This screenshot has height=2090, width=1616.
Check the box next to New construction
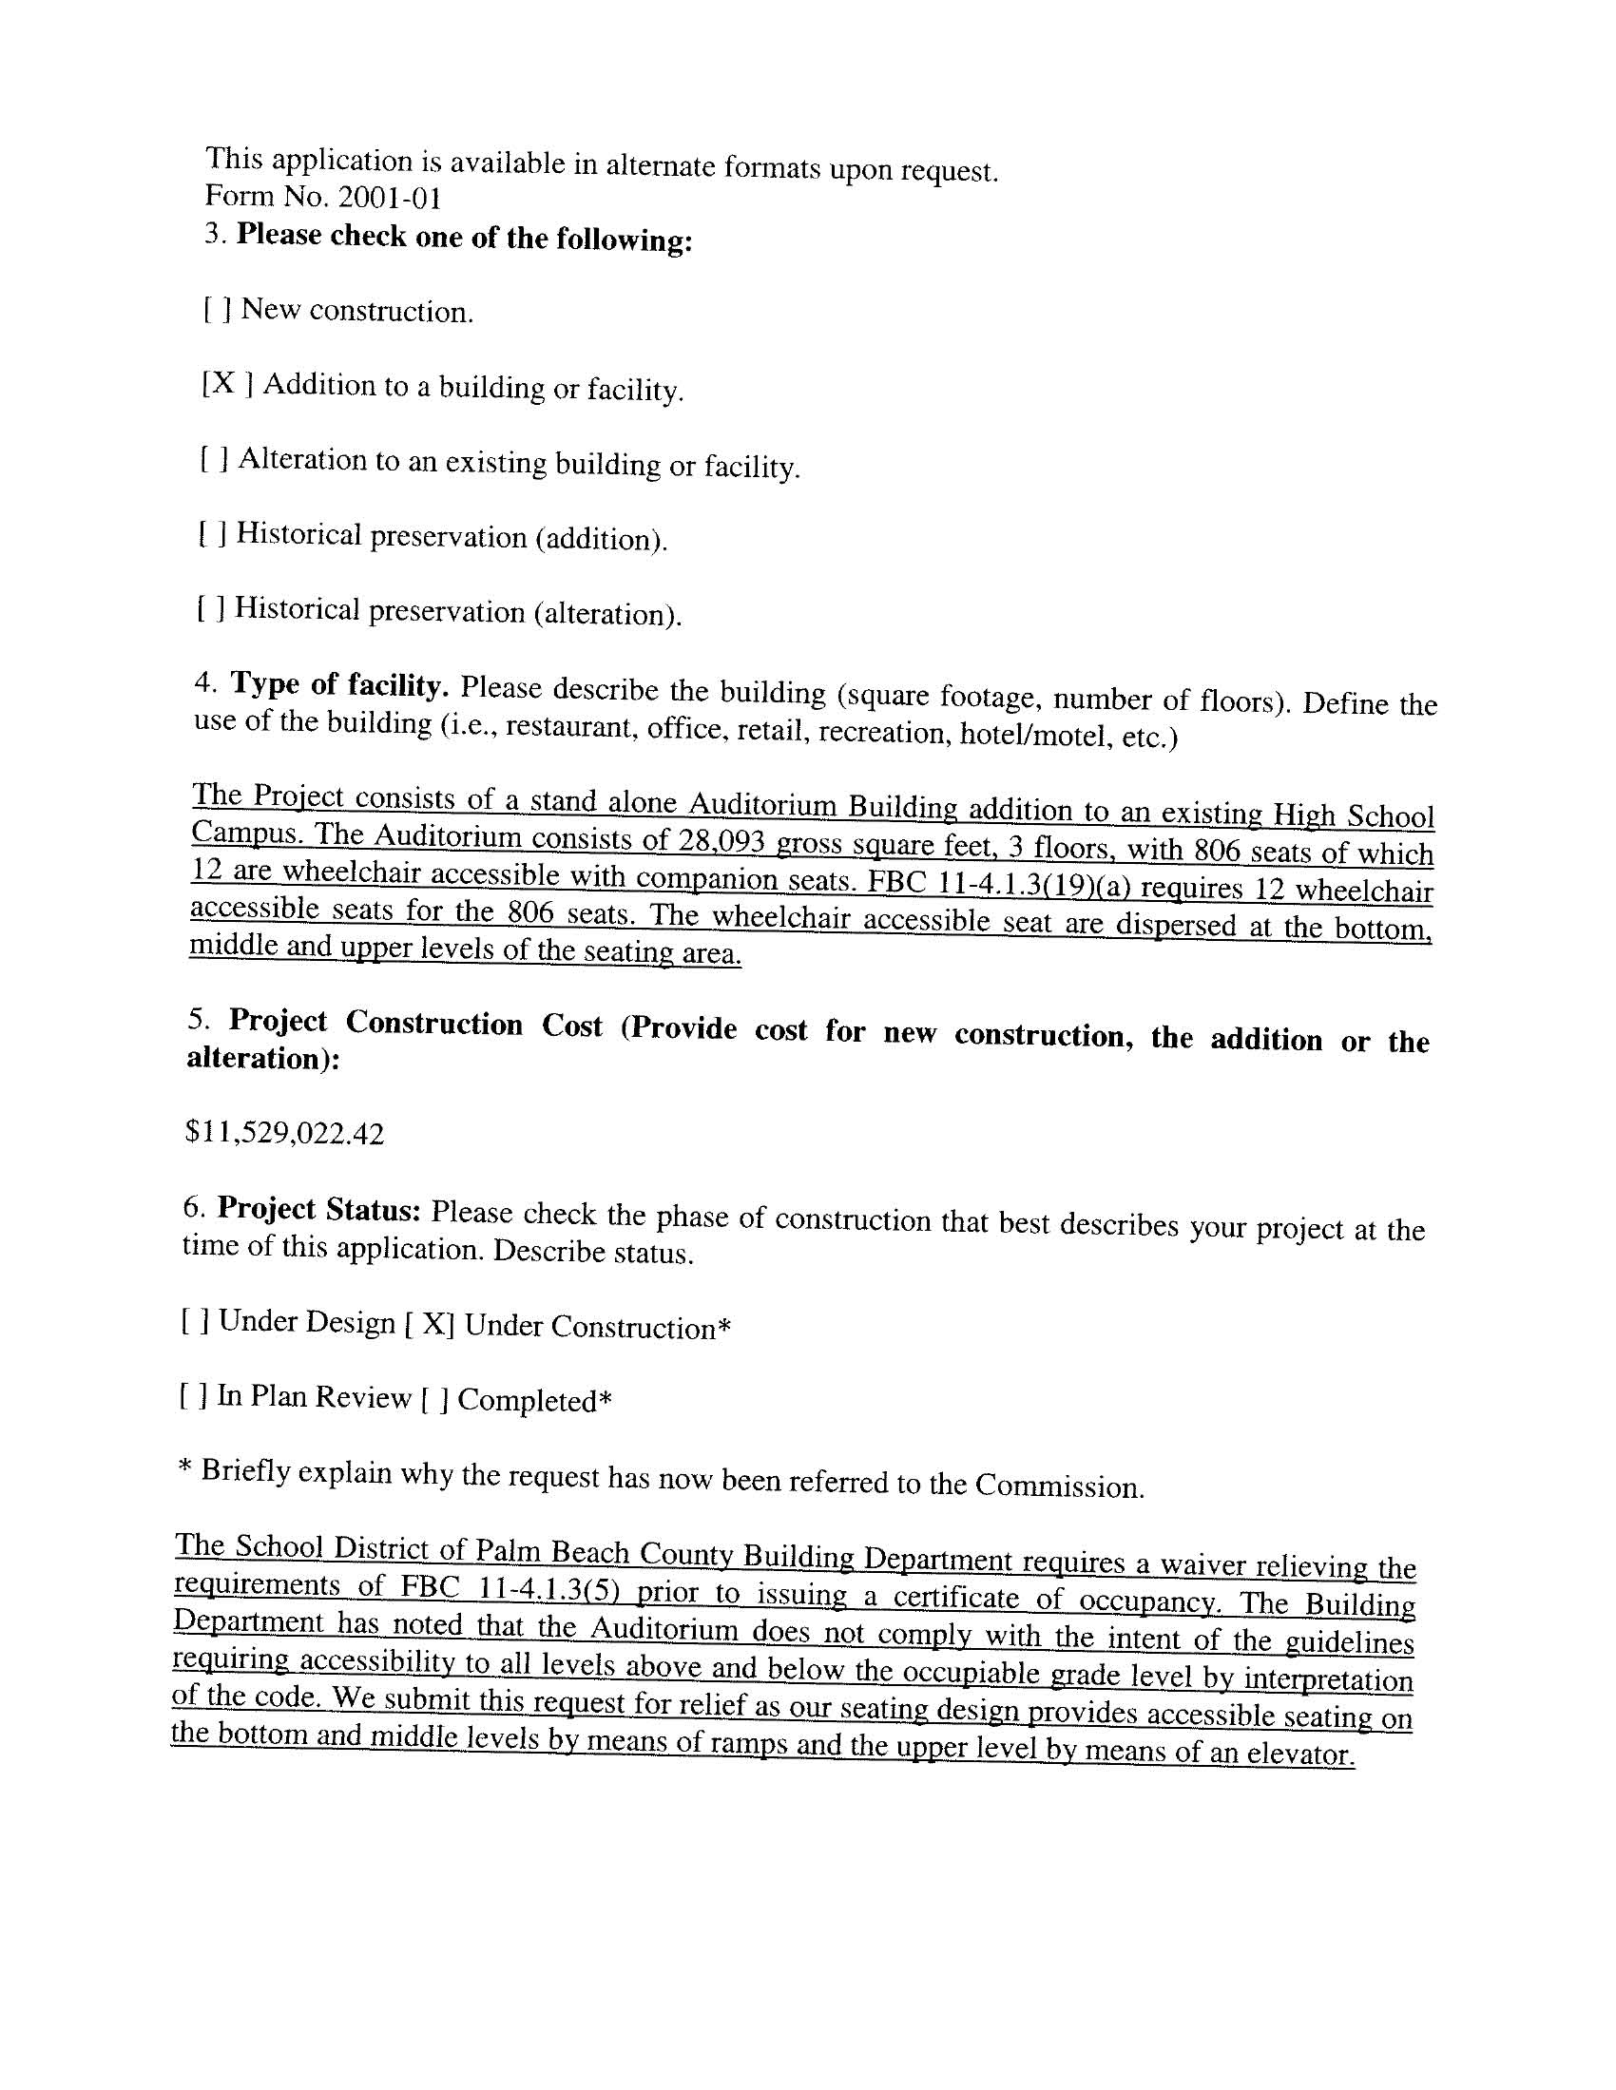tap(218, 309)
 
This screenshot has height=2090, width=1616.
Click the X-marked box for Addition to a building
tap(227, 384)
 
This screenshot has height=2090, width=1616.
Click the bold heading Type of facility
tap(339, 685)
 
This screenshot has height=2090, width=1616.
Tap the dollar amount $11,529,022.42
tap(284, 1134)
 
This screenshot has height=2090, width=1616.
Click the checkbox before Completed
tap(434, 1400)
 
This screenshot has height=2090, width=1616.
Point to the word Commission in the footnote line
tap(1059, 1486)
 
